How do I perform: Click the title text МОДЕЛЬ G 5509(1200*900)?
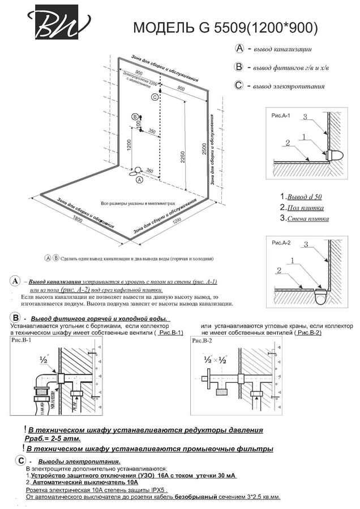(225, 28)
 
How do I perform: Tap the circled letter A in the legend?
(239, 49)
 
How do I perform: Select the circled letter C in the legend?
(239, 86)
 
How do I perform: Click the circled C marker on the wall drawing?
(155, 97)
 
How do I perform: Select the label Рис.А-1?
(281, 115)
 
